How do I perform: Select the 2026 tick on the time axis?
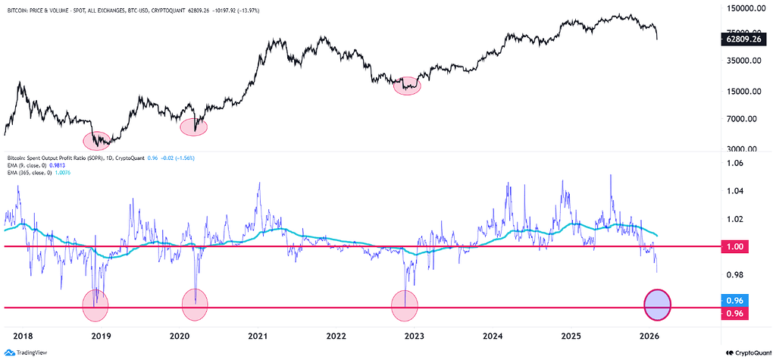pyautogui.click(x=649, y=335)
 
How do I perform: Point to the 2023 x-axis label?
pyautogui.click(x=414, y=335)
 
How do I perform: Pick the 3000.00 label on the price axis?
pyautogui.click(x=743, y=149)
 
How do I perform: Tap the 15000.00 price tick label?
pyautogui.click(x=743, y=92)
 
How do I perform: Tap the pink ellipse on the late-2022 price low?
pyautogui.click(x=408, y=85)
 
